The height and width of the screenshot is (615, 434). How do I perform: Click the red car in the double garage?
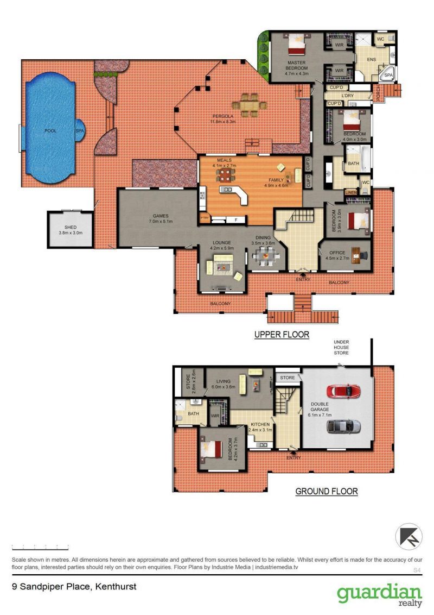[343, 391]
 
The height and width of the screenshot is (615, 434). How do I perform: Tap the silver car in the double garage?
[343, 426]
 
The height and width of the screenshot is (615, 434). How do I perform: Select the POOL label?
[50, 130]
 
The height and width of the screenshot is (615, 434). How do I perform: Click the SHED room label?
[71, 227]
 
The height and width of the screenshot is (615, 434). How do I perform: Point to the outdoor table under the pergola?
[249, 105]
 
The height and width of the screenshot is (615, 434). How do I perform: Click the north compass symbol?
[409, 536]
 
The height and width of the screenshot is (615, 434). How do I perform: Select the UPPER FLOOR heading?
[282, 335]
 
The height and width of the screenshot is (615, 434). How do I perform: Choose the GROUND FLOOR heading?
[326, 491]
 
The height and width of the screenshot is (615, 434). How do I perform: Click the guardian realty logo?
[380, 595]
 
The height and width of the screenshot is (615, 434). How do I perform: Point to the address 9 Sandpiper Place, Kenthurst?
[74, 587]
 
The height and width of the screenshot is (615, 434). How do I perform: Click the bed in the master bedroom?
[296, 44]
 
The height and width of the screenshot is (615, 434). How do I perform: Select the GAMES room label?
[161, 216]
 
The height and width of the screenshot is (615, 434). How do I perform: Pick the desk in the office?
[356, 255]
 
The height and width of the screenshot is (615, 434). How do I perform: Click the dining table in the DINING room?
[266, 257]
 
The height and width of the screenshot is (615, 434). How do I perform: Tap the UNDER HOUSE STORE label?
[341, 348]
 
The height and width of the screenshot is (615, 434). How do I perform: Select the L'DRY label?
[347, 95]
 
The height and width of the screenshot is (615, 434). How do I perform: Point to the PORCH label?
[378, 93]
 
